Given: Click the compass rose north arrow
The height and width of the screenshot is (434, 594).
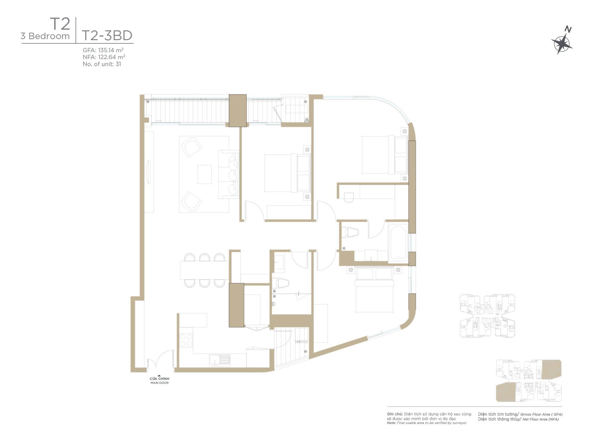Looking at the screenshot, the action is pyautogui.click(x=562, y=44).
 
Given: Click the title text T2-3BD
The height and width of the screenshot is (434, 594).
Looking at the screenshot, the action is pyautogui.click(x=107, y=36).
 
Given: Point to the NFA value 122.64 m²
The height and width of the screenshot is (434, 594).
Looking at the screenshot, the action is pyautogui.click(x=111, y=57).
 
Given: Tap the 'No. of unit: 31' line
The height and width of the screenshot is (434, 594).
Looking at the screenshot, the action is pyautogui.click(x=102, y=64).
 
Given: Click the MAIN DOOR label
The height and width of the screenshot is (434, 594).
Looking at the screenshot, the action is pyautogui.click(x=159, y=383).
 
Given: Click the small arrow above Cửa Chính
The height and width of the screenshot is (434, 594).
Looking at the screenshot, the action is pyautogui.click(x=159, y=375).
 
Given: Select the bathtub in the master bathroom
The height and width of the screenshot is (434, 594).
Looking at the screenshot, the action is pyautogui.click(x=398, y=242).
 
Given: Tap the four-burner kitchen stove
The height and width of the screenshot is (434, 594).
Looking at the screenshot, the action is pyautogui.click(x=186, y=340).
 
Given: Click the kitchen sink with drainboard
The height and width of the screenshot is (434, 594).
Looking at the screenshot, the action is pyautogui.click(x=220, y=360).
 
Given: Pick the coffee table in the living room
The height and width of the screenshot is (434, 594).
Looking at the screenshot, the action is pyautogui.click(x=205, y=174).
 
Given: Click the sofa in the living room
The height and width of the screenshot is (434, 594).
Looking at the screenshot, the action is pyautogui.click(x=229, y=174).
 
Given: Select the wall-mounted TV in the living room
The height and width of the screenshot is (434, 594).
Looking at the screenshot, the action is pyautogui.click(x=149, y=172).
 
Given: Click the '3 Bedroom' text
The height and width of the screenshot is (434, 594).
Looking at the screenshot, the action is pyautogui.click(x=45, y=36).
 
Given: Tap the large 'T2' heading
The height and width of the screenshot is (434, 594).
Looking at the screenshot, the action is pyautogui.click(x=60, y=24).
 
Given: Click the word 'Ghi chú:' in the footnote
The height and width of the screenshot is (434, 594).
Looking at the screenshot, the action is pyautogui.click(x=395, y=414).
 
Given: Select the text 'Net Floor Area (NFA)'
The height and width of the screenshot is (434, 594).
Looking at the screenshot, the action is pyautogui.click(x=541, y=419).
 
